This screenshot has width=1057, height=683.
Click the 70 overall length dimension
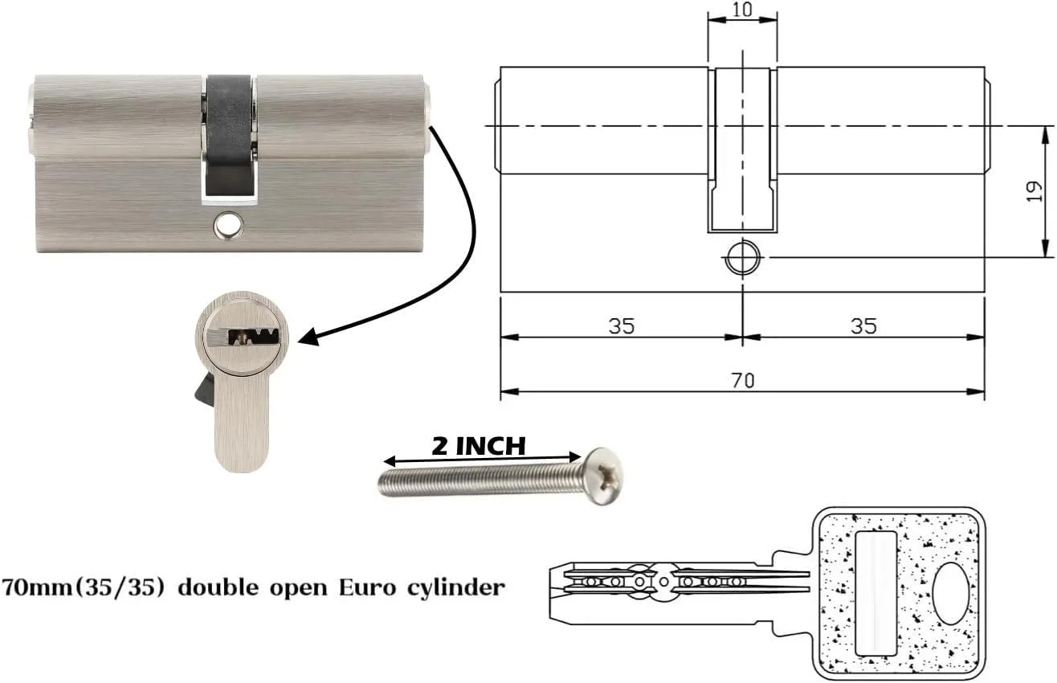743,380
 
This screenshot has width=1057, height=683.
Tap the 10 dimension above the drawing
742,9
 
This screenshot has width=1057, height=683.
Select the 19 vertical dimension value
1035,191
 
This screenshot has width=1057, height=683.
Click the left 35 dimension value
622,326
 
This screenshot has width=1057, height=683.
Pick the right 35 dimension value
863,326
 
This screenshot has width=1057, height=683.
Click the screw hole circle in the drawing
743,258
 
